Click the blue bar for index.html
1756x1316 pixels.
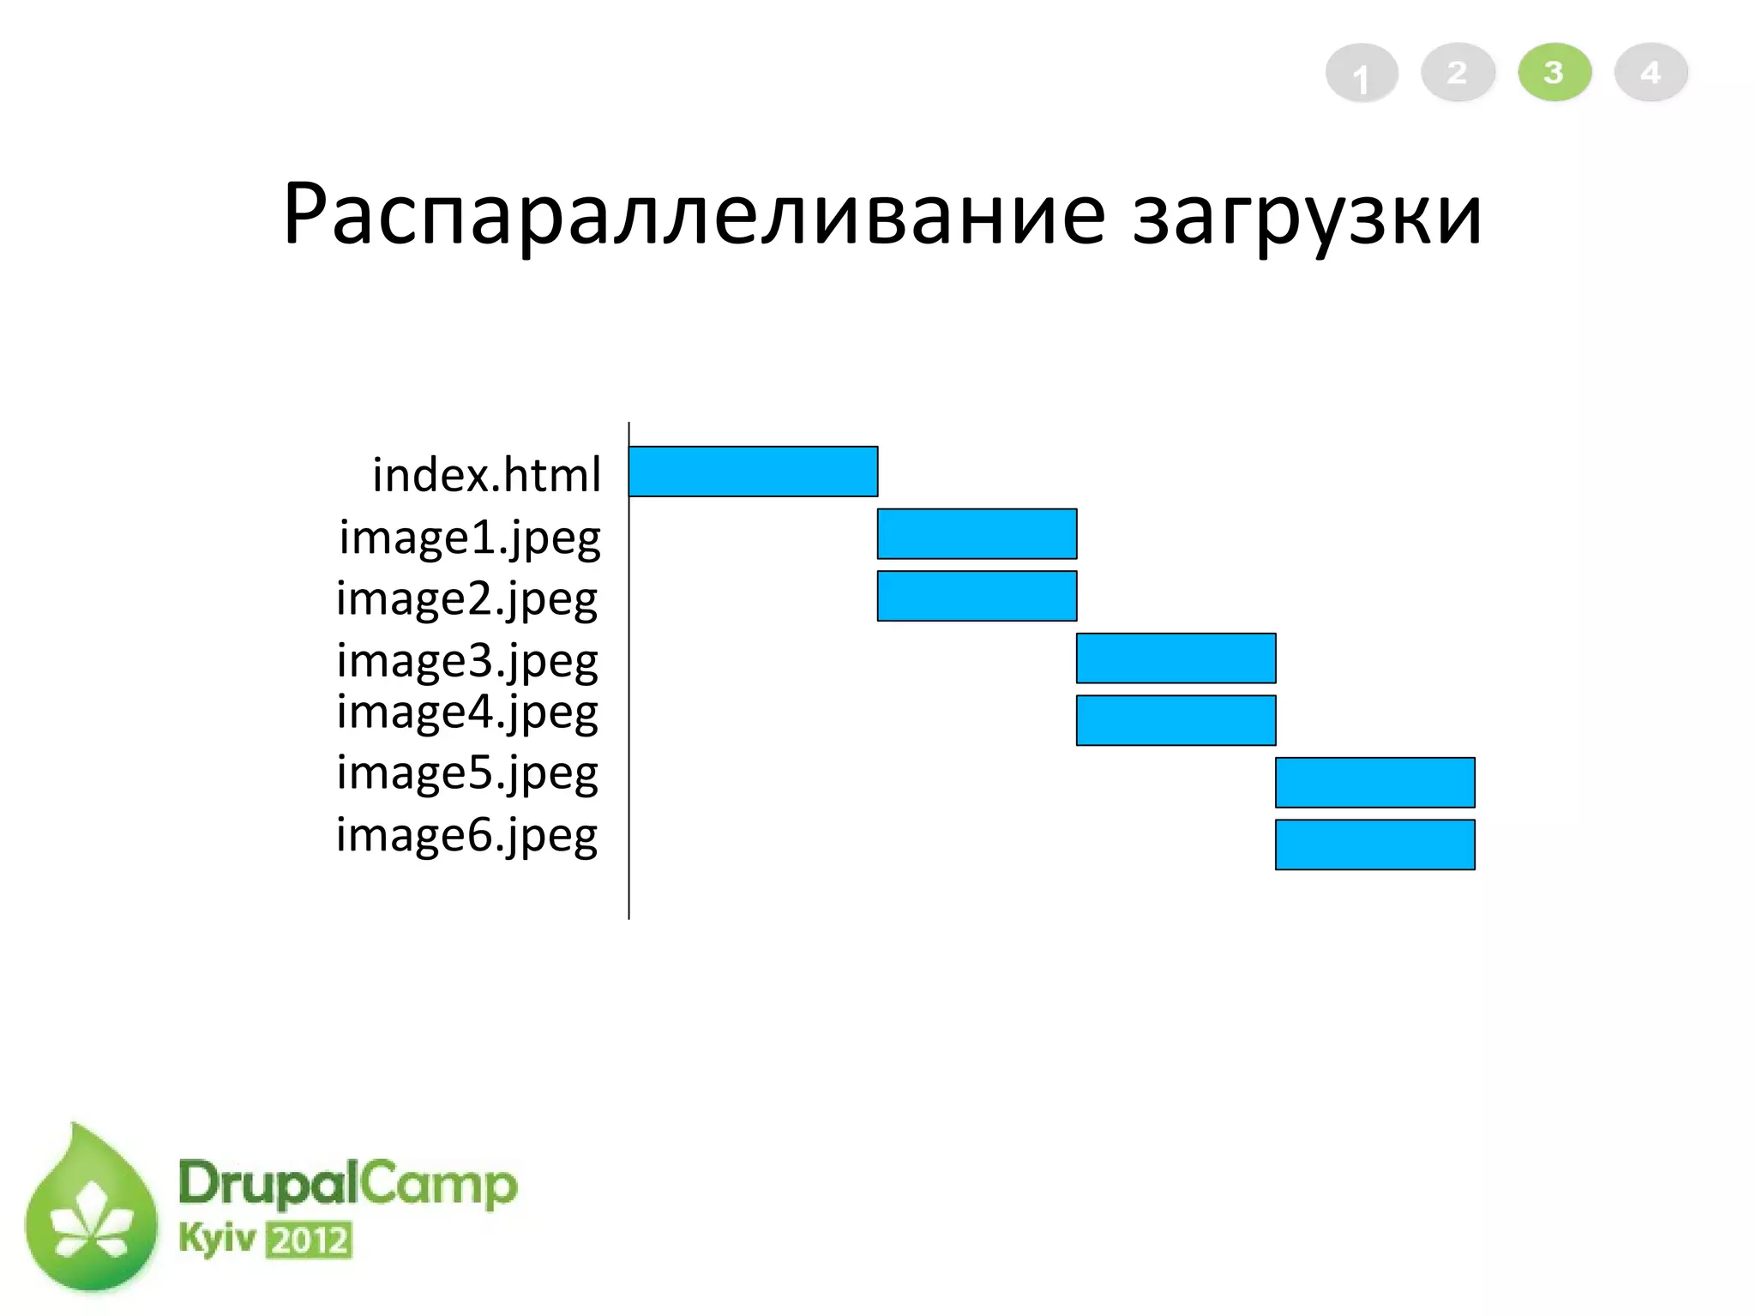(753, 472)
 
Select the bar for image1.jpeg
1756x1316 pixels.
(977, 534)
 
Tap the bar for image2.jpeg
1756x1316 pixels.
(977, 596)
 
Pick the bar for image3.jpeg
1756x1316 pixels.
(1176, 658)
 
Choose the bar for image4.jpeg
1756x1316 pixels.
(1176, 720)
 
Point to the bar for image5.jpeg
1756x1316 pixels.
(1374, 783)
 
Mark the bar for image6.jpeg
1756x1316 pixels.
(1374, 844)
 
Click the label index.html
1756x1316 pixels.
(486, 475)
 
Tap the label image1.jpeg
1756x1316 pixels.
(469, 538)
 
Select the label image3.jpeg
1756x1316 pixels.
(467, 662)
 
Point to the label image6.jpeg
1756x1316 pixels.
(467, 836)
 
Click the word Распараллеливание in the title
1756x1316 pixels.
(693, 214)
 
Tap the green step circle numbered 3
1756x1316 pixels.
(1554, 73)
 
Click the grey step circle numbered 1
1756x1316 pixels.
(1361, 74)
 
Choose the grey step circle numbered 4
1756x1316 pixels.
(1651, 73)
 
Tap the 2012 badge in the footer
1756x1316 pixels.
(309, 1241)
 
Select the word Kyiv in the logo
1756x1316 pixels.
(217, 1239)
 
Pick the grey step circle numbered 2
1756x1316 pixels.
(1458, 73)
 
